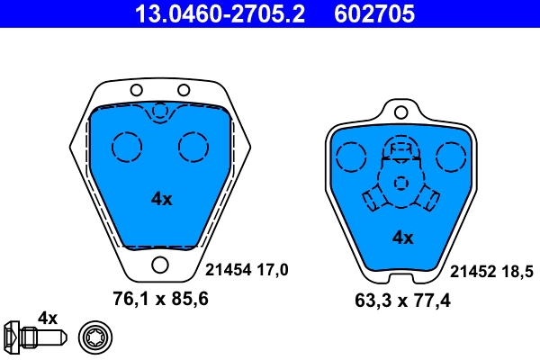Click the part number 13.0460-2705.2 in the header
click(205, 13)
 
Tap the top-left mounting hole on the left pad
click(137, 90)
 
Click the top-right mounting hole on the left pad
click(184, 90)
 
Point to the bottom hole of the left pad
click(161, 265)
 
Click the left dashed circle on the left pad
click(127, 146)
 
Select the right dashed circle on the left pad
click(193, 146)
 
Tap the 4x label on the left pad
click(161, 200)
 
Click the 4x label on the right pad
click(402, 238)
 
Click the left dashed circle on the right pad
click(348, 158)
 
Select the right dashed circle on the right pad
click(449, 158)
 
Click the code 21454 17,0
click(247, 269)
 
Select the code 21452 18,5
click(491, 269)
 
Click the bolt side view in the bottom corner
click(32, 338)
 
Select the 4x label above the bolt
click(47, 318)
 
